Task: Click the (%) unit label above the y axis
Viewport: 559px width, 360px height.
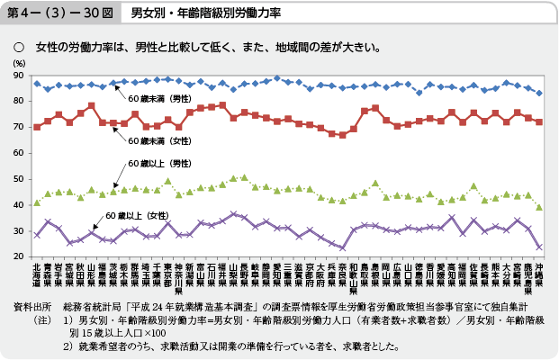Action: click(x=19, y=63)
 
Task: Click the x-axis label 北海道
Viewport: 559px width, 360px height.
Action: click(x=37, y=274)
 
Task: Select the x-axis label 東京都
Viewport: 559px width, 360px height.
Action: click(x=167, y=274)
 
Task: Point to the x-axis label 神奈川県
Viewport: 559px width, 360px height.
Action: click(x=179, y=277)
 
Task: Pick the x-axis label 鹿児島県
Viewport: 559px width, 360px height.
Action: click(x=527, y=277)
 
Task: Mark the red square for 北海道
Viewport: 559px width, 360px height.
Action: click(x=37, y=127)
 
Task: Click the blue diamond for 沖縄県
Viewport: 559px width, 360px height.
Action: click(x=539, y=93)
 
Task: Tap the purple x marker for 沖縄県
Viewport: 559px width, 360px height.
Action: click(x=539, y=247)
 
